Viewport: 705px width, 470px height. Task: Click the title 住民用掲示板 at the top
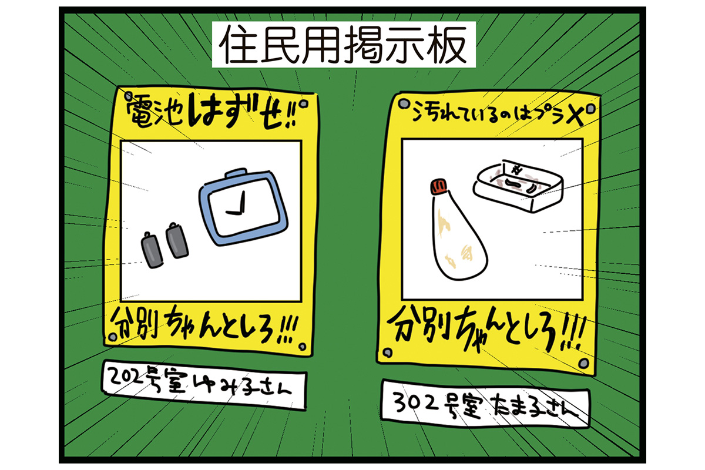343,45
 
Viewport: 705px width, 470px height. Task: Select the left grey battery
152,250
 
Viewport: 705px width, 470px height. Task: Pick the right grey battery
177,240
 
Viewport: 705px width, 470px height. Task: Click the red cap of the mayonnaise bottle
438,187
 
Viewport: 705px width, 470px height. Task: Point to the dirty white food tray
518,186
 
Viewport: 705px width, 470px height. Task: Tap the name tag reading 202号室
204,385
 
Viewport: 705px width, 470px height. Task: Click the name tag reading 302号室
485,405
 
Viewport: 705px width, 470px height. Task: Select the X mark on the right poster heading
575,116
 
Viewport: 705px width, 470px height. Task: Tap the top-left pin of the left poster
128,95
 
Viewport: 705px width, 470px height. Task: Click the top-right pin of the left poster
304,103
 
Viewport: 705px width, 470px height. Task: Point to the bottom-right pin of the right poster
584,363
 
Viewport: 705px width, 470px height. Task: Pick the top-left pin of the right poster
403,103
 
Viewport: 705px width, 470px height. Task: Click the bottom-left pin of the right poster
387,352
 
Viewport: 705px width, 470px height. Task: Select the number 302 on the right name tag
415,402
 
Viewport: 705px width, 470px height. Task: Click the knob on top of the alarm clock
236,173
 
